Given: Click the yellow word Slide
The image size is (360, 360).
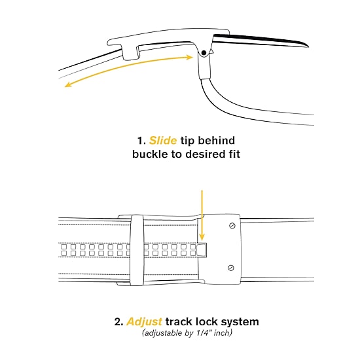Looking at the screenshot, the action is pos(163,141).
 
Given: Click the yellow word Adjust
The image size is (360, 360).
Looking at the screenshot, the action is pos(145,322).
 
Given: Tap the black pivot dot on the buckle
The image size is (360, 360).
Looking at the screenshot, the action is pos(204,53).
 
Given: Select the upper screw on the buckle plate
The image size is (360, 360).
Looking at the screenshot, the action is pos(232,226).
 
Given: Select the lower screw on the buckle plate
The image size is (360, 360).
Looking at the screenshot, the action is pos(231,268).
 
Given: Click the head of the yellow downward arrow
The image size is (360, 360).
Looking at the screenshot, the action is pos(202,237).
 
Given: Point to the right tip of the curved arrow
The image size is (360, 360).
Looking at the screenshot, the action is pos(192,57).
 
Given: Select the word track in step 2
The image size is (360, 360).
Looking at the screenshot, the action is pos(179,321).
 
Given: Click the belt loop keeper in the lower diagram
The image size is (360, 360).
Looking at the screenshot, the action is pos(137,250).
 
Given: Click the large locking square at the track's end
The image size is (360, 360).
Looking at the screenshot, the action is pos(202,250).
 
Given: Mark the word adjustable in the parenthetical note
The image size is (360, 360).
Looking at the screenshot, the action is pos(164,333).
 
